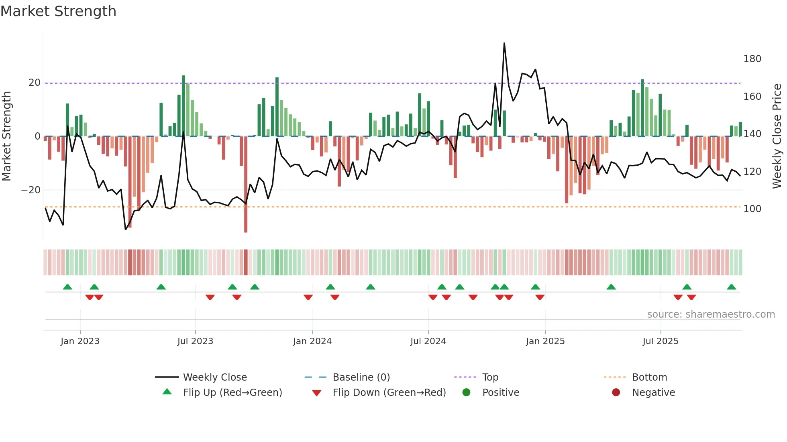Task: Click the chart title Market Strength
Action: click(58, 11)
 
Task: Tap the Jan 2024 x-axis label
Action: click(312, 341)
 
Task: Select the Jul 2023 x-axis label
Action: click(195, 341)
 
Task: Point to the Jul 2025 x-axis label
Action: click(660, 341)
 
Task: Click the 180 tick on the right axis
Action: click(752, 59)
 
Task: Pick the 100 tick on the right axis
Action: click(752, 209)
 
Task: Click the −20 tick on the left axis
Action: click(31, 190)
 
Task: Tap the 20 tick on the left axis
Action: click(35, 83)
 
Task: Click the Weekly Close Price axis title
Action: click(777, 136)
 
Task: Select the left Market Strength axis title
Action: click(7, 136)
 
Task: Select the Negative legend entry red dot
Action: click(616, 393)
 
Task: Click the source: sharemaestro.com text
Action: click(711, 314)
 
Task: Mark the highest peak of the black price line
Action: click(504, 43)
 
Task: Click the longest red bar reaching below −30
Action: click(246, 185)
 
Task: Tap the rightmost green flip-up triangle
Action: click(731, 287)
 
